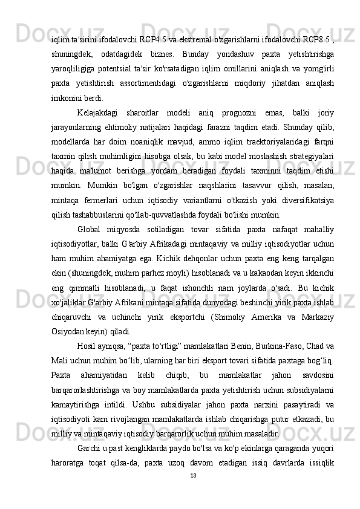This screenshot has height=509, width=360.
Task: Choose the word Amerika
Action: click(x=255, y=316)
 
